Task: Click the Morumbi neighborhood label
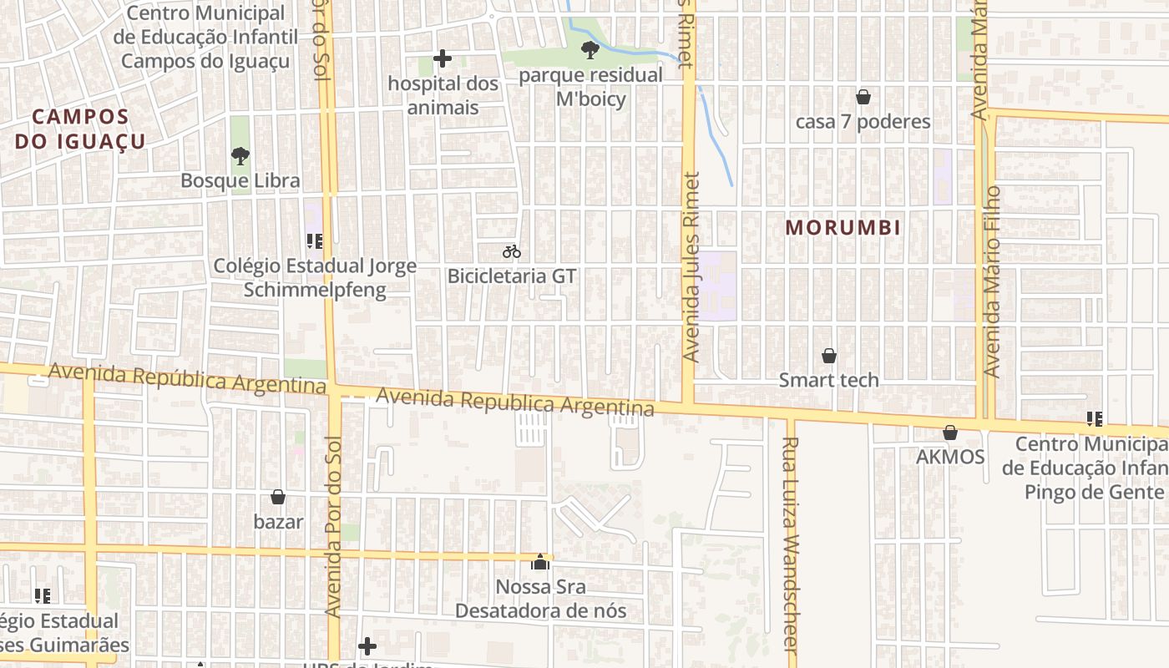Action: pos(843,227)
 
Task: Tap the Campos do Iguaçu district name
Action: pos(80,129)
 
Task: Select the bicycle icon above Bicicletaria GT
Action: pos(512,251)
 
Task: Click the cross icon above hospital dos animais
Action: pos(443,58)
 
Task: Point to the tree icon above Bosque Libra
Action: pos(240,155)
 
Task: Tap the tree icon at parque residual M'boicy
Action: pos(590,50)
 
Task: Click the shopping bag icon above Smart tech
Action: pos(829,356)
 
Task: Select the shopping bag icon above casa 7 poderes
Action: pos(863,97)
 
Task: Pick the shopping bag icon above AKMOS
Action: pos(950,433)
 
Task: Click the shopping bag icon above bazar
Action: pos(278,498)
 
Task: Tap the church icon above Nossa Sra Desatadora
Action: pos(541,562)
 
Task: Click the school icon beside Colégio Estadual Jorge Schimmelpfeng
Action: pos(315,241)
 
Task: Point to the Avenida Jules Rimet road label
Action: pos(691,267)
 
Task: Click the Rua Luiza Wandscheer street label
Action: pos(792,543)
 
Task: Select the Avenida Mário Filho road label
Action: pos(991,281)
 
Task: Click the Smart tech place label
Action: pos(828,380)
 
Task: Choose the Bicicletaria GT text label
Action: pos(512,276)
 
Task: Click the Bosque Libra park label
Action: pos(240,180)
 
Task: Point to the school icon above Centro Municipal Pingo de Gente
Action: pos(1094,418)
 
